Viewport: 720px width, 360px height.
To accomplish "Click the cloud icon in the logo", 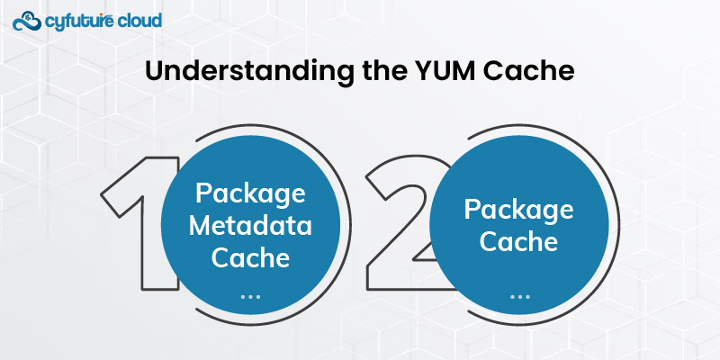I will [x=29, y=20].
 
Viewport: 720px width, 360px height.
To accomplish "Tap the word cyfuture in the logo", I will [x=78, y=19].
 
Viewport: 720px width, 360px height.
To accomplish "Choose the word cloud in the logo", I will [x=138, y=19].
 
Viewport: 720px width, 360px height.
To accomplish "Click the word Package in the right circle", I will [x=519, y=211].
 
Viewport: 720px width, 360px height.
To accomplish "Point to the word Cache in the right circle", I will [x=519, y=242].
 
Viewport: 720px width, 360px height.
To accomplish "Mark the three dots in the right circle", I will [x=519, y=295].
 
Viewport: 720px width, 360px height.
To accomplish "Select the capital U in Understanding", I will [x=155, y=72].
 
